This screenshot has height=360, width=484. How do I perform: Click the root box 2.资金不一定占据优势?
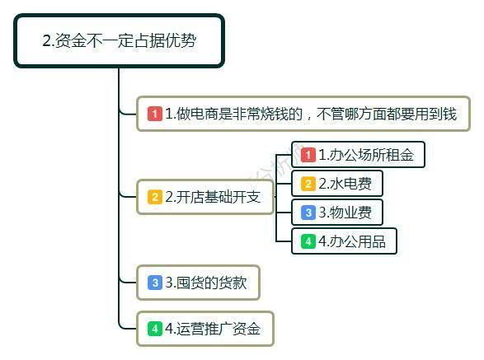[119, 40]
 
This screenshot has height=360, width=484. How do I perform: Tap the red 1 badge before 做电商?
[155, 114]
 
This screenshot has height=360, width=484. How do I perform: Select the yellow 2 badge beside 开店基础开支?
[155, 197]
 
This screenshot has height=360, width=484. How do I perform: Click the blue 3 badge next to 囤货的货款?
[155, 283]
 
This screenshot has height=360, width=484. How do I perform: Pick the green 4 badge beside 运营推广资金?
[155, 329]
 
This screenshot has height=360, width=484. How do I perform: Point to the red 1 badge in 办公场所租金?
[308, 155]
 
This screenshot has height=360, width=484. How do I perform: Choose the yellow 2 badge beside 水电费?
[308, 184]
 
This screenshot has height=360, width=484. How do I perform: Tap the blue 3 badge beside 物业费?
[308, 213]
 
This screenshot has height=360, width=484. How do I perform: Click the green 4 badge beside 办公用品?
[308, 241]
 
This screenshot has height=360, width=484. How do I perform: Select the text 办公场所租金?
[372, 155]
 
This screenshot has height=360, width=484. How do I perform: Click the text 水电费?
[350, 184]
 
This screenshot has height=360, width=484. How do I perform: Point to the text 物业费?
[350, 213]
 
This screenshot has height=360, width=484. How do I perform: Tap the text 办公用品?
[358, 241]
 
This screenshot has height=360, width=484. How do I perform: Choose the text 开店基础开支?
[219, 197]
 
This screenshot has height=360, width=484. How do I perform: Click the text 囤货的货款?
[211, 283]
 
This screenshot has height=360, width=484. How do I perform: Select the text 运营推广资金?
[219, 329]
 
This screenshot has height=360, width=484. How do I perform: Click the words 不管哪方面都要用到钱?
[387, 114]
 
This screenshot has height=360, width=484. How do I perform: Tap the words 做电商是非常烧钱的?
[240, 114]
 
